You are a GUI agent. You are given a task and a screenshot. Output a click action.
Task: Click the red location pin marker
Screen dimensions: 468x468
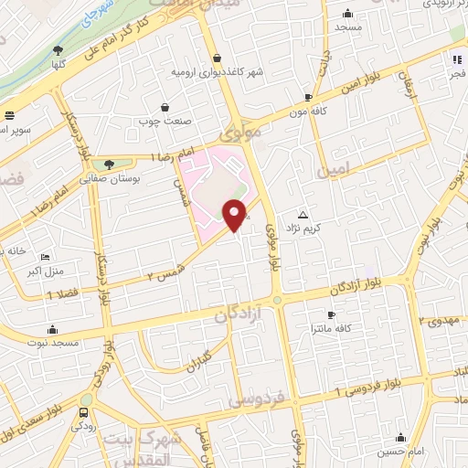tap(236, 214)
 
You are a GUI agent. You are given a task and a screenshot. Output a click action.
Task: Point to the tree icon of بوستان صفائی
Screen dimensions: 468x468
tap(110, 165)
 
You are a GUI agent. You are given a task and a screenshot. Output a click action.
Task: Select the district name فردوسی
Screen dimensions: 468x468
tap(259, 399)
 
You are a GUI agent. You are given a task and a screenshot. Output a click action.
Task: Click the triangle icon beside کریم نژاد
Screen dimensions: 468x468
tap(303, 213)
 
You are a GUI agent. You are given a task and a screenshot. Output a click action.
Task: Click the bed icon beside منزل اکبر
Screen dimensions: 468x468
tap(46, 259)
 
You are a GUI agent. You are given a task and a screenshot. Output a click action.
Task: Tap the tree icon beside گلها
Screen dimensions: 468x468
tap(58, 50)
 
